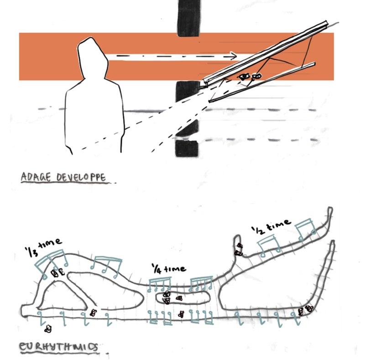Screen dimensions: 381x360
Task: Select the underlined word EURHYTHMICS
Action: [x=58, y=347]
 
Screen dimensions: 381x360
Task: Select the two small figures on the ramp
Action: [x=251, y=77]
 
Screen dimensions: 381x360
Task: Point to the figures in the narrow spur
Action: [x=239, y=249]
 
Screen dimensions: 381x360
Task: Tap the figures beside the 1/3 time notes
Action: [x=58, y=273]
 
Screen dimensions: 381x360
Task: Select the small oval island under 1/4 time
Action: [x=183, y=298]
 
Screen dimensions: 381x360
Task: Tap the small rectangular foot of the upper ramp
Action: [x=205, y=83]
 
